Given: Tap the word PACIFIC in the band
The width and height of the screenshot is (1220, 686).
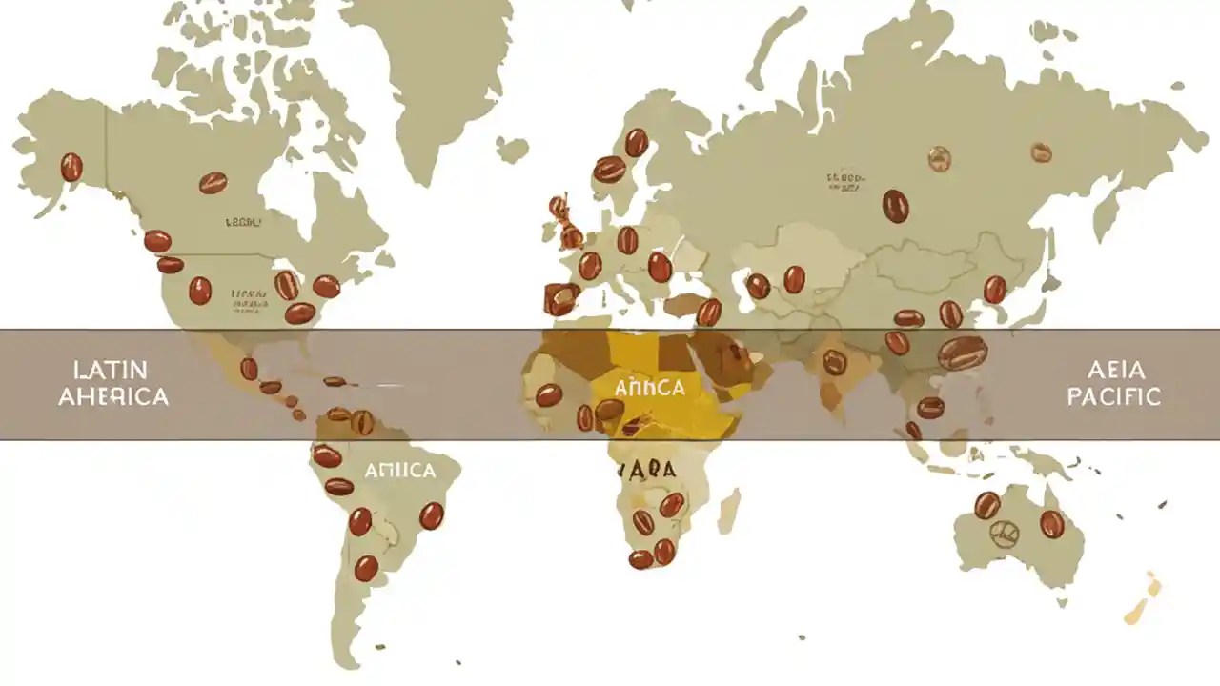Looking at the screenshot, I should coord(1113,395).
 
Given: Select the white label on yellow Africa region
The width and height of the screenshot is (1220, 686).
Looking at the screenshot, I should coord(649,388).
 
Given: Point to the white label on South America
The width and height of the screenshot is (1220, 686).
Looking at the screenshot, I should coord(399,471).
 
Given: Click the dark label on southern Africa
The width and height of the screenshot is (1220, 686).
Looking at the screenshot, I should coord(647,470).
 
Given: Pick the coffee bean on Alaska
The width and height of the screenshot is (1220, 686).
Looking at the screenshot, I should coord(71,167).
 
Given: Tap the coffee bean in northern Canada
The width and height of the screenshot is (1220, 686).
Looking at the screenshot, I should coord(213,182).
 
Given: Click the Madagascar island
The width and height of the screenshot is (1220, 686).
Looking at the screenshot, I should coord(728,510).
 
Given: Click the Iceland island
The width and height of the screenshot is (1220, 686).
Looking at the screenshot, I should coord(512,150).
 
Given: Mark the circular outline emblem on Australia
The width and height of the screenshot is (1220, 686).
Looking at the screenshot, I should coord(1004,534).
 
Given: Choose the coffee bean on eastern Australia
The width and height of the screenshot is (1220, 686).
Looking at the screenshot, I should coord(1051,524).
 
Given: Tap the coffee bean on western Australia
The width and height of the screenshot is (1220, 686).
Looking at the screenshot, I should coord(986,505).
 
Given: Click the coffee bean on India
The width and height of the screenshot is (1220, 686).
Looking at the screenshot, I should coord(835,362).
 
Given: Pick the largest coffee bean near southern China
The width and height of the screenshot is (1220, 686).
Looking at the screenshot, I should coord(963,353).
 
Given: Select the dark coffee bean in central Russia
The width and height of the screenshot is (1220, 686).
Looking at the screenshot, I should coord(895,206).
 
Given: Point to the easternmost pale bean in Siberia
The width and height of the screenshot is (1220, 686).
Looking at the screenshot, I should coord(1041,152).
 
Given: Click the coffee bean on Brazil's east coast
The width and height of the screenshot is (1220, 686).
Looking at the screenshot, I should coord(432,515).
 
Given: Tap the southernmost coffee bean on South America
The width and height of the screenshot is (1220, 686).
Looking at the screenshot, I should coord(366,569).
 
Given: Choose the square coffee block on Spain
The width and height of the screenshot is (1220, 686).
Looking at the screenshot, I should coord(560,299).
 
